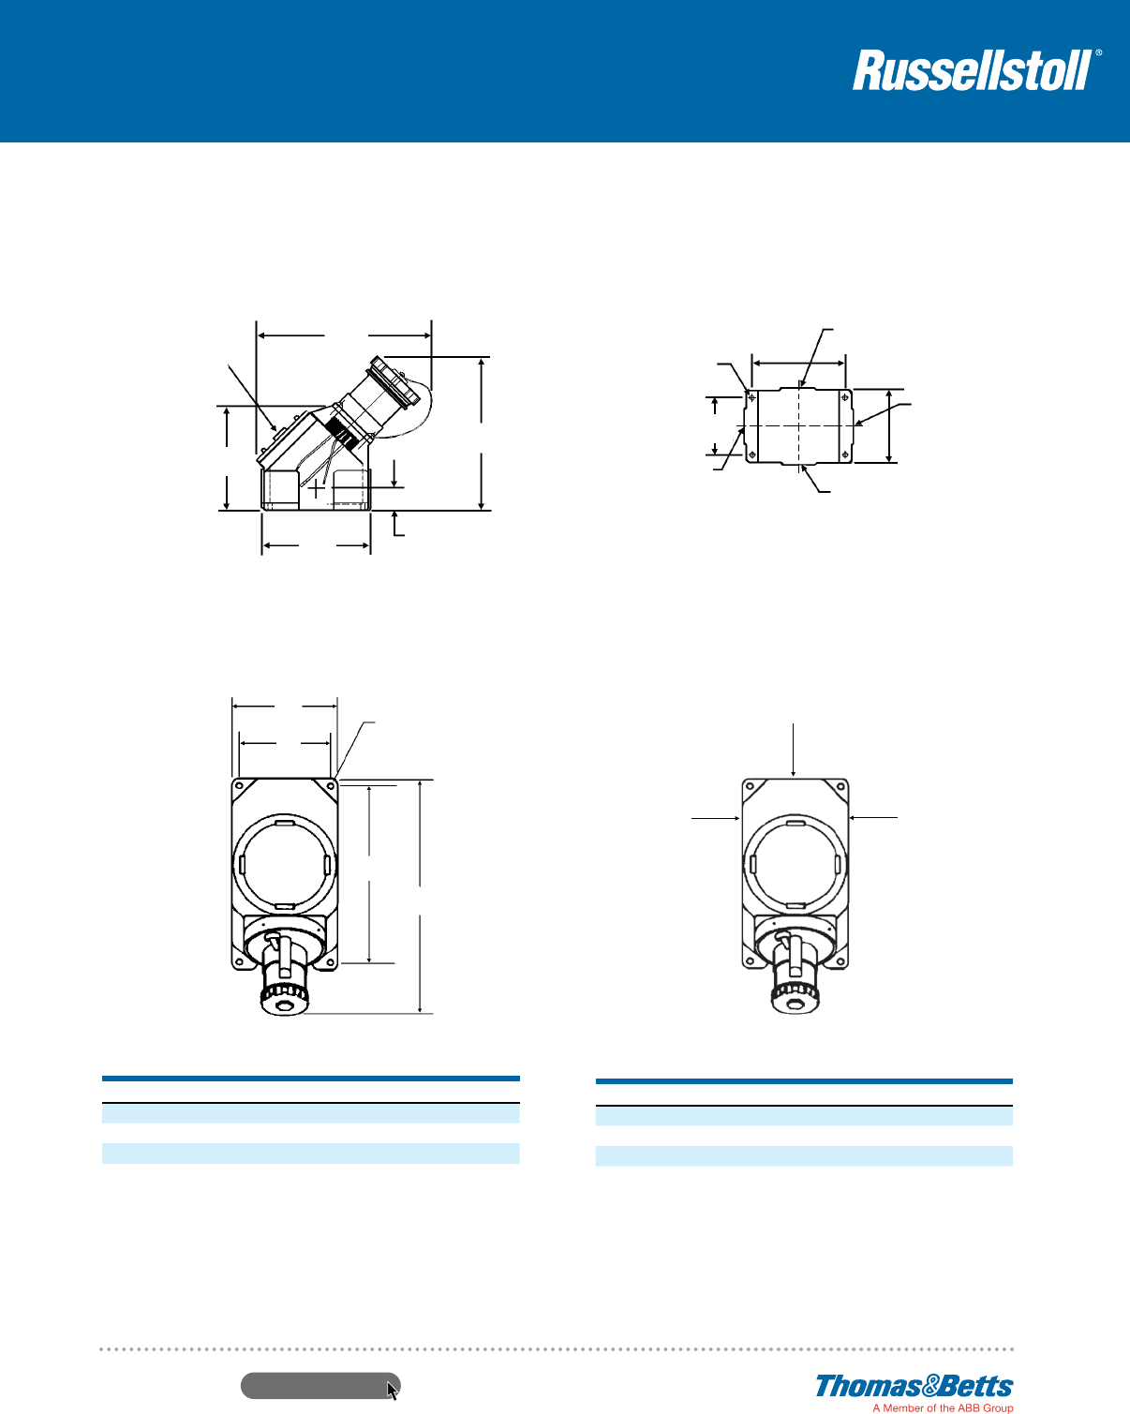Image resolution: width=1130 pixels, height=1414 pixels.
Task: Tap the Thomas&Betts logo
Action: tap(914, 1387)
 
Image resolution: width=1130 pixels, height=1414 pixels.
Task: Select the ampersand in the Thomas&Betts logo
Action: tap(930, 1386)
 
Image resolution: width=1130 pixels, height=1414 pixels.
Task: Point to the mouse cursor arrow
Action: tap(393, 1391)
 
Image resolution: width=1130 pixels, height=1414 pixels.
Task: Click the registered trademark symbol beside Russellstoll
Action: tap(1099, 52)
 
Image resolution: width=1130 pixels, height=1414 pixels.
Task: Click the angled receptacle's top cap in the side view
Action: tap(394, 381)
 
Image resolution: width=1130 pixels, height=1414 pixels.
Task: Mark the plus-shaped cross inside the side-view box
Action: tap(317, 488)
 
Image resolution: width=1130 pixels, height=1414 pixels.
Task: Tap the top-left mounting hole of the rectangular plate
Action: tap(751, 397)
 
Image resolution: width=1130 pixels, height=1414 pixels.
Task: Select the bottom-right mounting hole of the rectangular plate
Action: tap(845, 454)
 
